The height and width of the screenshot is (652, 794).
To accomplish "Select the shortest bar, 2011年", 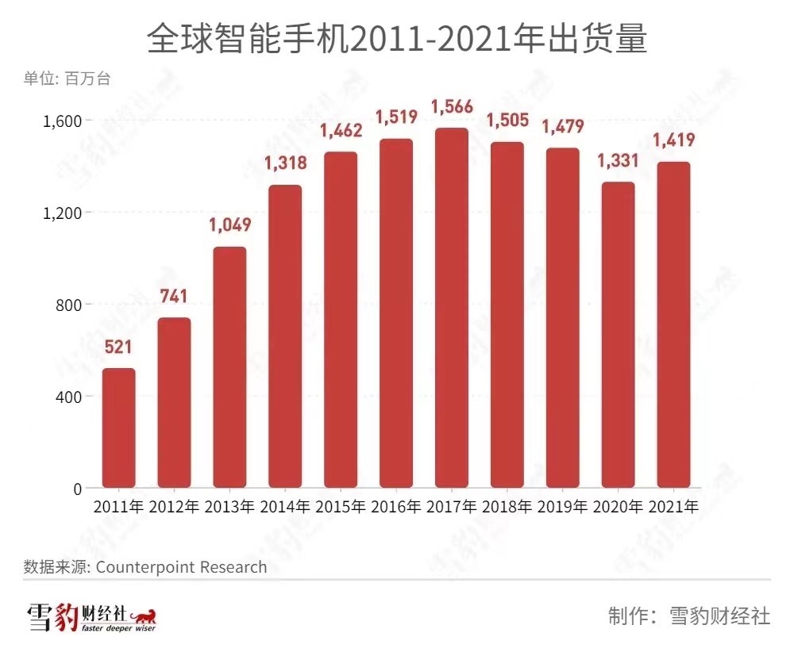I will [x=119, y=428].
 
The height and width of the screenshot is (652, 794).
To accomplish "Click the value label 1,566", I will [x=452, y=107].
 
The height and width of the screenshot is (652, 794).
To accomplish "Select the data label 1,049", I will [x=229, y=225].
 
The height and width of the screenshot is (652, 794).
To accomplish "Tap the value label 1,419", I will [x=673, y=141].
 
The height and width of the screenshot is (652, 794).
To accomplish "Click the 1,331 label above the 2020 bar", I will [x=618, y=161].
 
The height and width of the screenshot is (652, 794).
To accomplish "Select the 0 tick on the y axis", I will [x=77, y=489].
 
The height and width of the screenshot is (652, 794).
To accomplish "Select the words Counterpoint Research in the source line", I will [x=182, y=567].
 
